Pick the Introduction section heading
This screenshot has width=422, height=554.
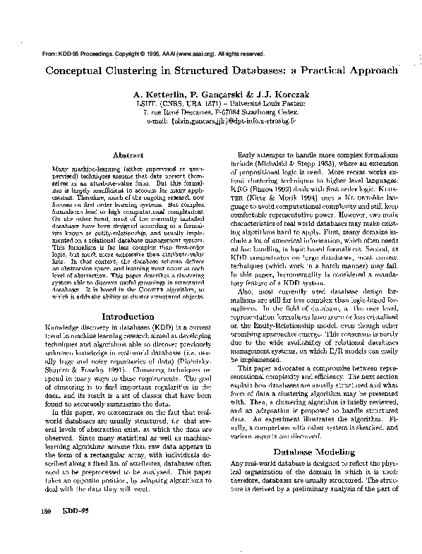coord(124,317)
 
